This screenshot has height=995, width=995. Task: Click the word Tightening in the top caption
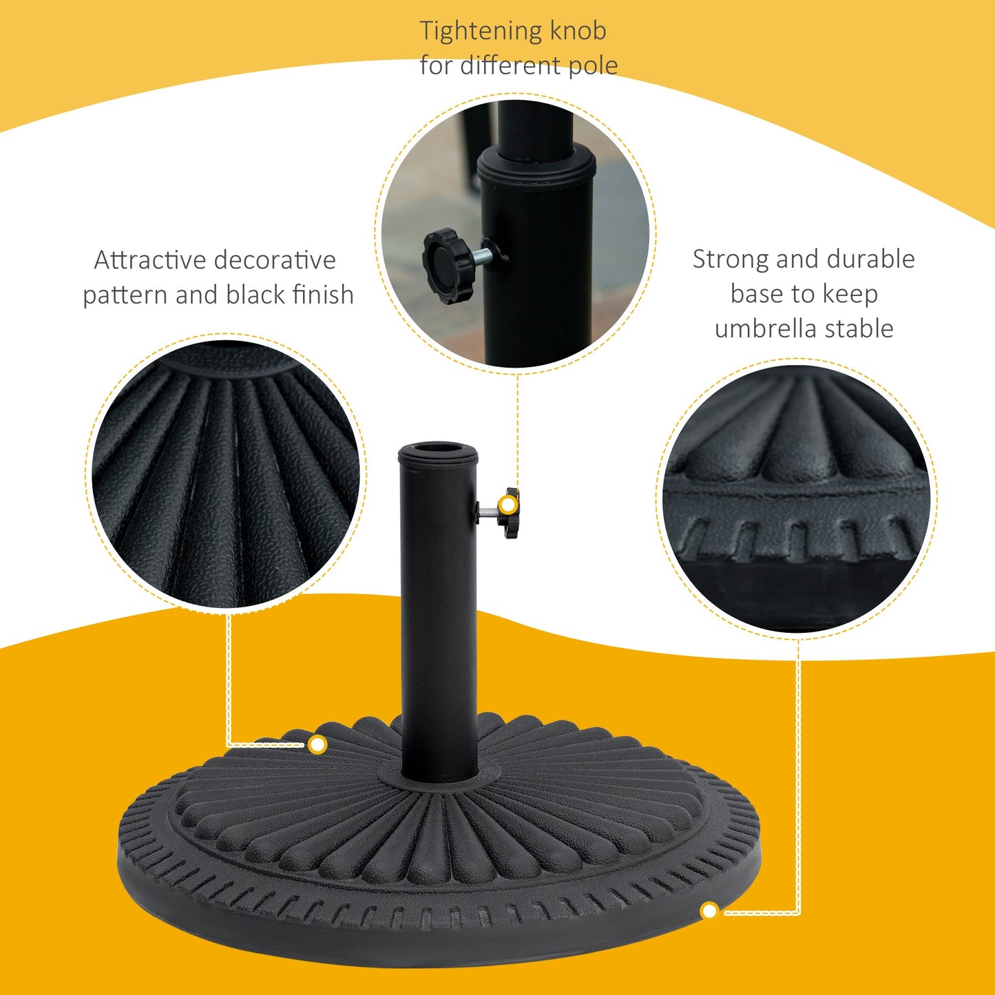pos(471,32)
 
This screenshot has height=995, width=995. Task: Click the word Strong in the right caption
pos(731,260)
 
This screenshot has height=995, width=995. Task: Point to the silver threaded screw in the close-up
pos(485,255)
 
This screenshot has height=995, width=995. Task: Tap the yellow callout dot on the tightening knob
pos(508,505)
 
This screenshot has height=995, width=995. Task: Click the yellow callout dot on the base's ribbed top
pos(317,744)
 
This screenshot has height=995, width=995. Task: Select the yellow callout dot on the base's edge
pos(709,912)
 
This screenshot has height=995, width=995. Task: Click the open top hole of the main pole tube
pos(438,452)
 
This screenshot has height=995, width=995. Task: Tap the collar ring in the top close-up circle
pos(536,165)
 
